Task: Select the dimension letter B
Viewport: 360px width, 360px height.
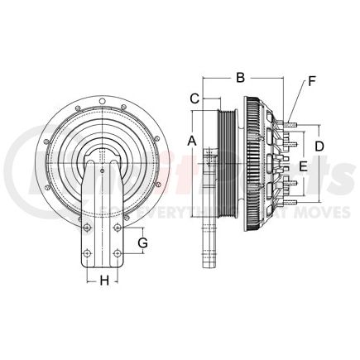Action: coord(241,78)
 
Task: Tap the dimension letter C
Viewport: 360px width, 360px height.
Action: coord(194,98)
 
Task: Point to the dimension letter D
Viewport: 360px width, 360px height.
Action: coord(319,146)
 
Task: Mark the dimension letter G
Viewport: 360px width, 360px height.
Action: coord(142,242)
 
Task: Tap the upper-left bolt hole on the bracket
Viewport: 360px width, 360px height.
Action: coord(87,228)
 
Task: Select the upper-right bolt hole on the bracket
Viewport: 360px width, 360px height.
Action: coord(118,228)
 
